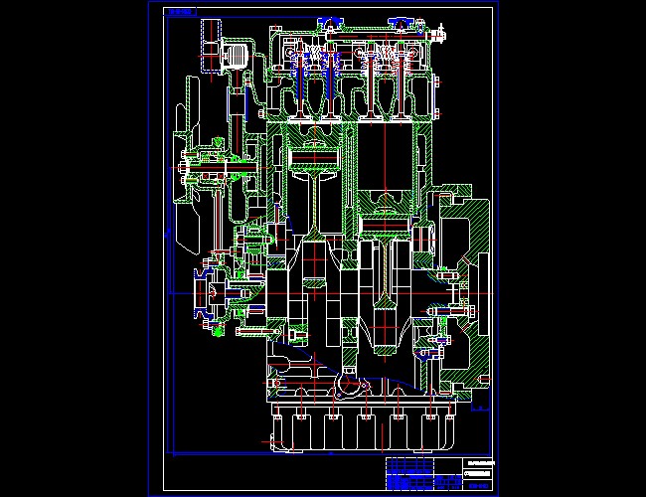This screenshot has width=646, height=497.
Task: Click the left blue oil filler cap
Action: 329,21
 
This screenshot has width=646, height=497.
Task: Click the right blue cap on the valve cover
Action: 403,21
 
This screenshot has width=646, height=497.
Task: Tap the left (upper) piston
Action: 315,155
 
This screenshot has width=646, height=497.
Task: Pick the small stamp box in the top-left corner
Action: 180,13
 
